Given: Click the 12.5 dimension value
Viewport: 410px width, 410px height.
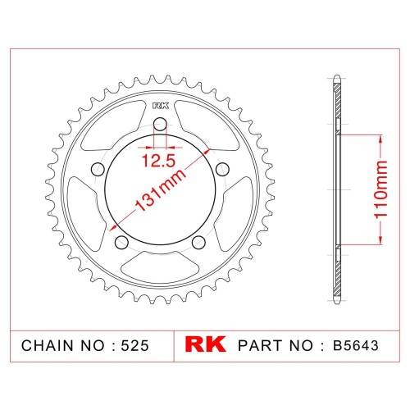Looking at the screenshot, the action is (158, 161).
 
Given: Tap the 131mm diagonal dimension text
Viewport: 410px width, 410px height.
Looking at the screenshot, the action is (161, 191).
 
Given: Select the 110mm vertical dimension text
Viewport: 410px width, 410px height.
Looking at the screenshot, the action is (380, 189).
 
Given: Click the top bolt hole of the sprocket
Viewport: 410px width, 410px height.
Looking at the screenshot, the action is (160, 125).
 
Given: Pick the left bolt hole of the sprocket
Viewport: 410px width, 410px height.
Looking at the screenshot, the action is (98, 170).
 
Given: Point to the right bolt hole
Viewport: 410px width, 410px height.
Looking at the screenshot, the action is (222, 170).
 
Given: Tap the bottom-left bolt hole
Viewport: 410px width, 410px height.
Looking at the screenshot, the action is (121, 242).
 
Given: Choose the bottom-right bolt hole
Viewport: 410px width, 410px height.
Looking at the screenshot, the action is (198, 242).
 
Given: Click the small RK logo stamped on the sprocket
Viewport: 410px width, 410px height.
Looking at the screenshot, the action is (161, 106).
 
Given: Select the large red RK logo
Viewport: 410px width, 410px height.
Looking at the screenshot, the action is (205, 344).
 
